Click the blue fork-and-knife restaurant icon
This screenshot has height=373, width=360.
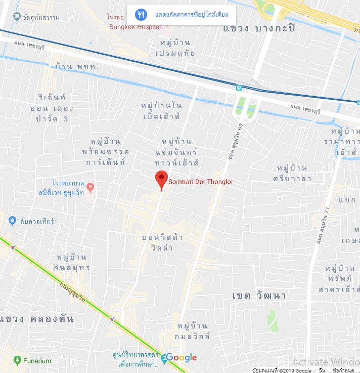click(142, 14)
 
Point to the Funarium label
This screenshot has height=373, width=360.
click(37, 361)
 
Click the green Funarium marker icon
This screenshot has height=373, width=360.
click(18, 361)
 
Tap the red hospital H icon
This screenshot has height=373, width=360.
click(91, 187)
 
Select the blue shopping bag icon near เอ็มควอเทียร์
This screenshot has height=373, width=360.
click(12, 221)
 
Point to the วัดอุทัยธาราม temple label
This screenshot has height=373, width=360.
click(41, 18)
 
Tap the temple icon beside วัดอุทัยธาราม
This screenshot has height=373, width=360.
click(18, 17)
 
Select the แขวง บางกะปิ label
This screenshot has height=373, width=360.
click(258, 28)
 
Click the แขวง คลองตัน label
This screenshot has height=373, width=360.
click(36, 319)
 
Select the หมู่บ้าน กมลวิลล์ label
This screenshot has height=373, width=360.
click(194, 330)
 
